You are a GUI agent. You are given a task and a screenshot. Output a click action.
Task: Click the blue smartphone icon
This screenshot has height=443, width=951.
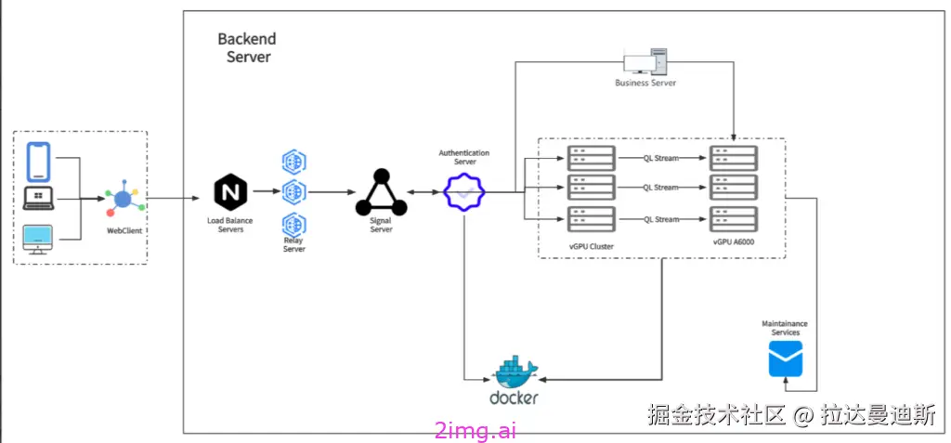pos(37,162)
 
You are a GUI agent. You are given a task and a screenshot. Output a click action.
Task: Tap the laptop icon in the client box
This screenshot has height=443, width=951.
pos(39,199)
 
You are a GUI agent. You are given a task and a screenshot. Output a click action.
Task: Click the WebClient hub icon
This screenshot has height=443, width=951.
pos(124,199)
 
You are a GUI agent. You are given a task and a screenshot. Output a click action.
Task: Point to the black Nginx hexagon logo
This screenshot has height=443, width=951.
pos(230,192)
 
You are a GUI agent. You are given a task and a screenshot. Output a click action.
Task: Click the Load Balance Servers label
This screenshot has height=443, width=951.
pos(230,225)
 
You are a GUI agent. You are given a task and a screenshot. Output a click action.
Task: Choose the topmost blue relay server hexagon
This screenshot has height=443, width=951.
pos(294,162)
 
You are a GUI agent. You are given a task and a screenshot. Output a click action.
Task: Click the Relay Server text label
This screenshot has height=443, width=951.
pos(294,245)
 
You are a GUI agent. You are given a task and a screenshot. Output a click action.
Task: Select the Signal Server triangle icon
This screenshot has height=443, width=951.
pos(381,193)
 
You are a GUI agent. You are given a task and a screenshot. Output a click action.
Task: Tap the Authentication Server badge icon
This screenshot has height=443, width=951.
pos(464,193)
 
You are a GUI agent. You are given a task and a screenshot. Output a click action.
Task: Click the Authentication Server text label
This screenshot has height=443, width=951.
pos(464,158)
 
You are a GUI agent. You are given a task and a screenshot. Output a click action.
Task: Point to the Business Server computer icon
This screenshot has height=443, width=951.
pos(645,62)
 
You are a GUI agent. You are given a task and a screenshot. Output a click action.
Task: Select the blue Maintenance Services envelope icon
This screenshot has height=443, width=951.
pos(786,358)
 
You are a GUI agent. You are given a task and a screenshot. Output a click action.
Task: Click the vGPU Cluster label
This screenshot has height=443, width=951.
pos(591,245)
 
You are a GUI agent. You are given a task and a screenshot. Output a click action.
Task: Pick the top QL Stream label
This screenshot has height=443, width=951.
pos(661,159)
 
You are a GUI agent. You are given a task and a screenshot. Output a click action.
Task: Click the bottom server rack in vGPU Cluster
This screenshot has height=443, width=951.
pos(592,219)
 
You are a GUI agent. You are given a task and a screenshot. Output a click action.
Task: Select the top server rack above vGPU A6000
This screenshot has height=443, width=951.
pos(734,159)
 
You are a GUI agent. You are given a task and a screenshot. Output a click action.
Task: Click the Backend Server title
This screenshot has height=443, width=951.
pos(247,48)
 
